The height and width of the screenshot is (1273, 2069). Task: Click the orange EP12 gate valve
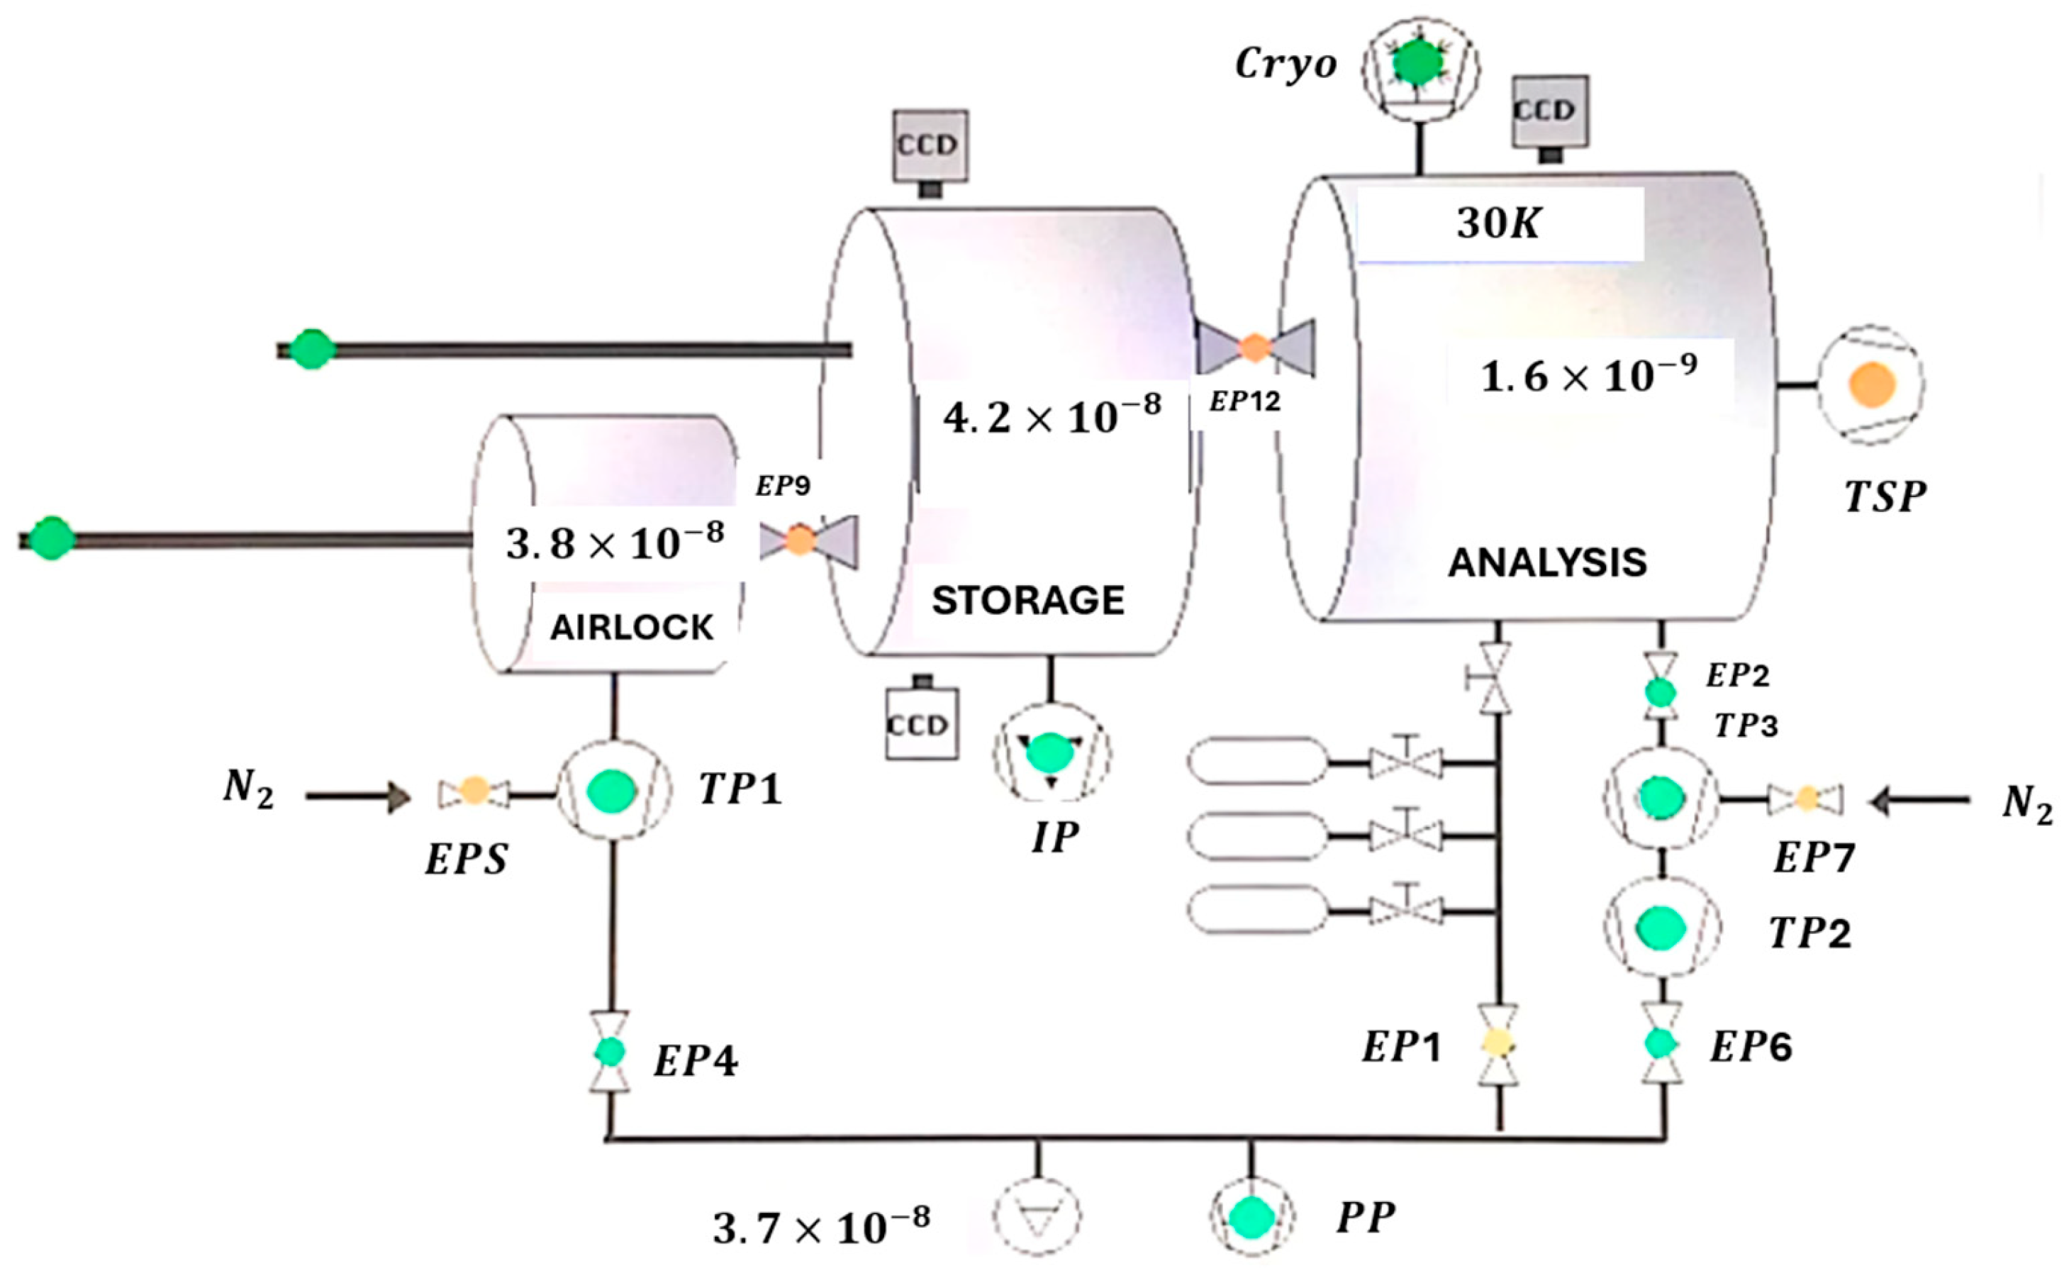1254,347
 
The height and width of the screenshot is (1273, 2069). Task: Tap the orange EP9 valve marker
800,539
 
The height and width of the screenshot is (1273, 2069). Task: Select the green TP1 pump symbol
612,791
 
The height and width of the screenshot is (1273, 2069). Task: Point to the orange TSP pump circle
1872,385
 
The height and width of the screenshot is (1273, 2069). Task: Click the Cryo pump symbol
1420,64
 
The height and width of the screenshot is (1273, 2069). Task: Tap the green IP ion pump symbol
1051,752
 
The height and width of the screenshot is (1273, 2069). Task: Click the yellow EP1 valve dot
1498,1044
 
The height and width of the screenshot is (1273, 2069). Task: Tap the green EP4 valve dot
609,1051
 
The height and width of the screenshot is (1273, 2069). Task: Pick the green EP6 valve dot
1661,1043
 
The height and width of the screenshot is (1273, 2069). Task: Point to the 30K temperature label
1498,224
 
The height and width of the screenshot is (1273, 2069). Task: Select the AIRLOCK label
631,627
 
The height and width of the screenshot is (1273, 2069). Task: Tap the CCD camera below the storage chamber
921,723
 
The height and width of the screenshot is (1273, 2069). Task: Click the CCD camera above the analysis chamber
1550,112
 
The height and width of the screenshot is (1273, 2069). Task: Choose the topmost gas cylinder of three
1256,761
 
